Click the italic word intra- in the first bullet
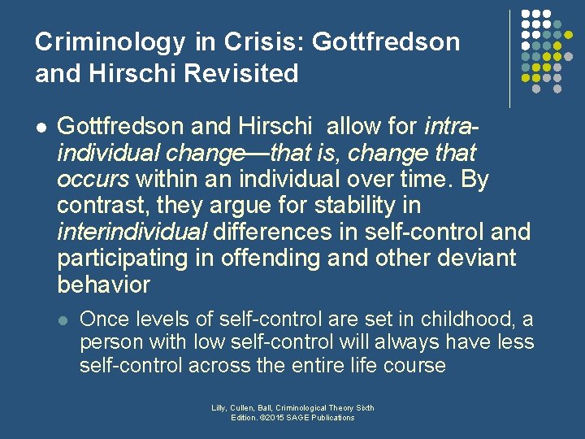(x=452, y=127)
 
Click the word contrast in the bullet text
(x=99, y=206)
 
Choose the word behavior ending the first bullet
(x=104, y=285)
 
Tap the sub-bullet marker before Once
(x=63, y=319)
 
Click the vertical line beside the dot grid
(x=510, y=59)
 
